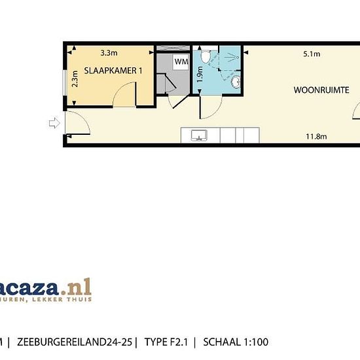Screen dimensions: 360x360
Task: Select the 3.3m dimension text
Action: point(109,52)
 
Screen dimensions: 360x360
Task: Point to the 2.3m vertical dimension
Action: point(75,79)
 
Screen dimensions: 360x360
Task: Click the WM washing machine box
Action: point(181,62)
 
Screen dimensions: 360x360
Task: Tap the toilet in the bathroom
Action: point(206,58)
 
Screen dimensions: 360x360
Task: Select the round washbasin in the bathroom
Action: point(236,82)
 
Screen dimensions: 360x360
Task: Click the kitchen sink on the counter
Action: point(199,135)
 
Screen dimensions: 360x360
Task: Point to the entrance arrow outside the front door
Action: point(52,122)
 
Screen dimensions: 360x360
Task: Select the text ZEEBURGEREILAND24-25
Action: point(76,342)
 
